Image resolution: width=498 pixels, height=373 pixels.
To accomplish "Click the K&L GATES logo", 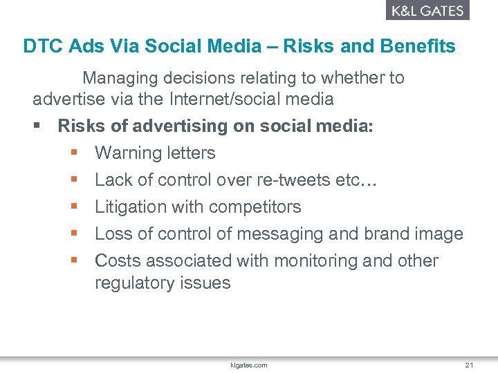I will (x=427, y=10).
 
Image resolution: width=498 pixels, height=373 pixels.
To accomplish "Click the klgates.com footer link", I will (x=249, y=365).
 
